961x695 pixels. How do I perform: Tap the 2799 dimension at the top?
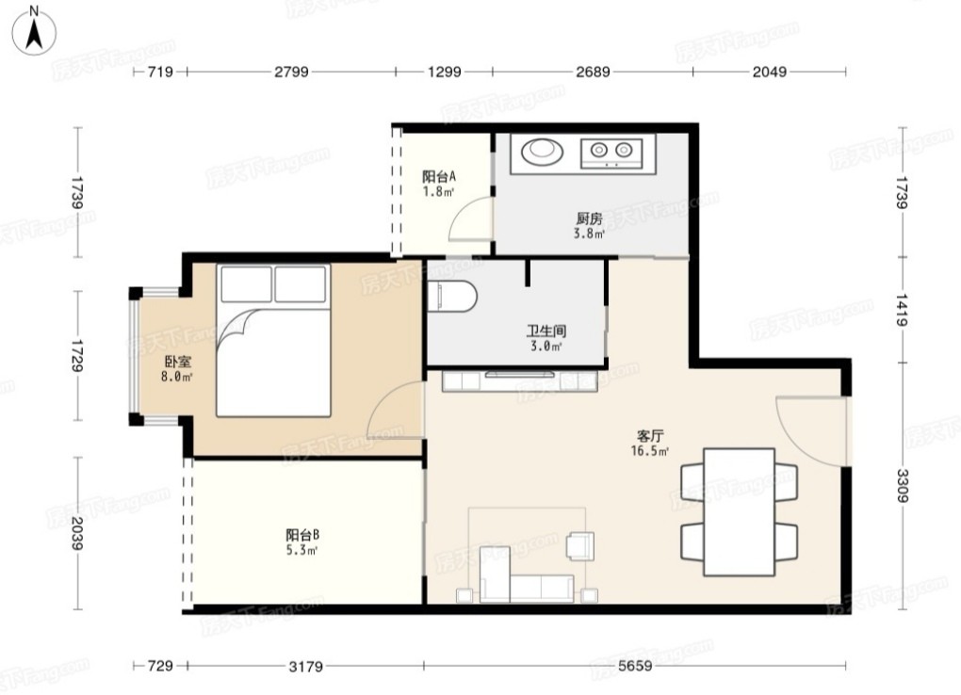(x=291, y=72)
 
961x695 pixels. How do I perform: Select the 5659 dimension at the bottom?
(x=635, y=666)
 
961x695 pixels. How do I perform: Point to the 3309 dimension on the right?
(x=903, y=485)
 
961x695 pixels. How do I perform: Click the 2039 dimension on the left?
(x=76, y=533)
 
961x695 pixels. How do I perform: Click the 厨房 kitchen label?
(x=589, y=218)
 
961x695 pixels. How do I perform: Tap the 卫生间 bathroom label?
(x=546, y=331)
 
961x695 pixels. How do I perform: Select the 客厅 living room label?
(x=650, y=436)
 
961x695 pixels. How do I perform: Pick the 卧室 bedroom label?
(x=177, y=362)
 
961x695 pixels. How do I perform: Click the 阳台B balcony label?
(x=302, y=535)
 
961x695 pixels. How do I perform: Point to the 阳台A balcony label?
(x=439, y=177)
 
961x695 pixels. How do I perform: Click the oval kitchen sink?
(x=542, y=150)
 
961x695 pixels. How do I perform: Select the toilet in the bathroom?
(x=451, y=297)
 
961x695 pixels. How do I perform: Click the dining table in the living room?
(x=740, y=511)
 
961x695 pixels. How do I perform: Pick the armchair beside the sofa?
(x=580, y=546)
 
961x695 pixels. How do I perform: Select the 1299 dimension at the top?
(x=445, y=72)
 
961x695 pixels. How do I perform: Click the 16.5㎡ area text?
(x=650, y=452)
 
